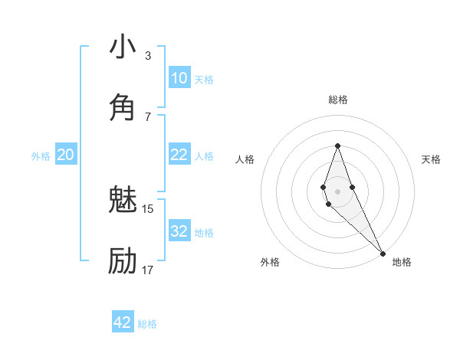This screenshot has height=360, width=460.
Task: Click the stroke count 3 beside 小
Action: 148,56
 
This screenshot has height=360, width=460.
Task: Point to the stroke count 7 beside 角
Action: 148,116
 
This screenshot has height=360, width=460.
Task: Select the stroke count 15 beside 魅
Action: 148,208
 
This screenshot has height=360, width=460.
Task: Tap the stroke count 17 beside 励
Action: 148,270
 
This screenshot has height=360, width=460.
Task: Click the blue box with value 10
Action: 179,78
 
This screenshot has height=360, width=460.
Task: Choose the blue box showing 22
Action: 179,155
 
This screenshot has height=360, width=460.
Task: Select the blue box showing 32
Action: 179,231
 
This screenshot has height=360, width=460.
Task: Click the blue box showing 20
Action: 66,155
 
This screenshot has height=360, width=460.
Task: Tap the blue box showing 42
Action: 123,322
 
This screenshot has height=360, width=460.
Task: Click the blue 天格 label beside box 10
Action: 204,80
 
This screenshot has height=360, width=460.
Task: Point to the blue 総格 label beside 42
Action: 147,324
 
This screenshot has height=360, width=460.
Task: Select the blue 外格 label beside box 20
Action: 41,156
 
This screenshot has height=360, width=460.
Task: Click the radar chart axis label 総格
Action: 338,100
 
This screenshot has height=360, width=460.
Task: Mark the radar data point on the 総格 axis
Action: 337,146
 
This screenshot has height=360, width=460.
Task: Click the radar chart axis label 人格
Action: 245,159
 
